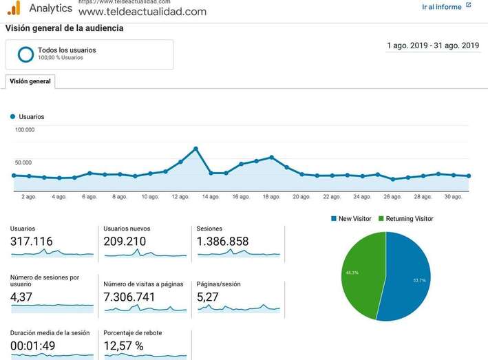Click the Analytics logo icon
click(x=14, y=8)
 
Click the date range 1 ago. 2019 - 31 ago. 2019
click(x=433, y=46)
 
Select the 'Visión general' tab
click(x=30, y=81)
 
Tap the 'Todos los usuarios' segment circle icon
click(x=26, y=54)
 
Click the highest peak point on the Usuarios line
click(x=196, y=149)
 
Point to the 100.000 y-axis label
click(x=25, y=129)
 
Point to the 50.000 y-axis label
click(x=23, y=162)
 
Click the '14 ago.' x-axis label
click(x=210, y=197)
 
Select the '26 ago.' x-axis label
click(x=392, y=197)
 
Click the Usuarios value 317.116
click(x=32, y=242)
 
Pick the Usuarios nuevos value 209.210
click(x=125, y=242)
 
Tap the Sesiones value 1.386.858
click(x=223, y=242)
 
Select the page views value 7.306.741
click(x=129, y=297)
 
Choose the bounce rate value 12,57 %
click(x=123, y=346)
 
